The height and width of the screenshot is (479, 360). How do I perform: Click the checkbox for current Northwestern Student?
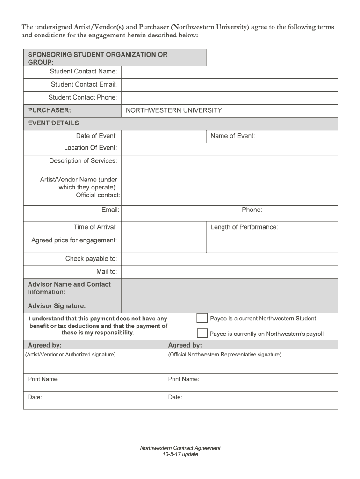(x=202, y=319)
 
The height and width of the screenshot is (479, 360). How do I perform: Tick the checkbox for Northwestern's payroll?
(x=202, y=334)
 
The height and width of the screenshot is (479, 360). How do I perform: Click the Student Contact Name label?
(x=83, y=72)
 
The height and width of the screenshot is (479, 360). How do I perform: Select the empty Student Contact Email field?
(x=229, y=85)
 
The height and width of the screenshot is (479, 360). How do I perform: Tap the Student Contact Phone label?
(x=83, y=97)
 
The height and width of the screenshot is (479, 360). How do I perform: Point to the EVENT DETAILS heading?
(x=53, y=123)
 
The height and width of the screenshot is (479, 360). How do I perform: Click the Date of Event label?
(x=96, y=136)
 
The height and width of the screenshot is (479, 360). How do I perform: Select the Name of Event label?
(x=232, y=136)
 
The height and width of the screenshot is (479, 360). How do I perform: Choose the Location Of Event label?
(x=90, y=148)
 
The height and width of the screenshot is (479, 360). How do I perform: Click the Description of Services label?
(x=83, y=161)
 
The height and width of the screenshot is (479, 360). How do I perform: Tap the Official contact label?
(x=98, y=195)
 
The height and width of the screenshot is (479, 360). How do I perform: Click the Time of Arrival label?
(x=95, y=227)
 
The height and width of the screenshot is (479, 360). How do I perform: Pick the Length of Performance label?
(x=244, y=227)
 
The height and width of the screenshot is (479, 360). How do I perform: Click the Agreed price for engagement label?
(x=74, y=240)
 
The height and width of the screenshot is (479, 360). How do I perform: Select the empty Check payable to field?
(x=229, y=259)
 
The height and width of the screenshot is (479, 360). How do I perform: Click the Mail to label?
(x=107, y=272)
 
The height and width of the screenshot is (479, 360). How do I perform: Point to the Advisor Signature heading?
(x=57, y=306)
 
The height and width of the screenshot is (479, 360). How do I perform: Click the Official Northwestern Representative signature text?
(x=225, y=355)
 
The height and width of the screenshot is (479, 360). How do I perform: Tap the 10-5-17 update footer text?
(x=180, y=454)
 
